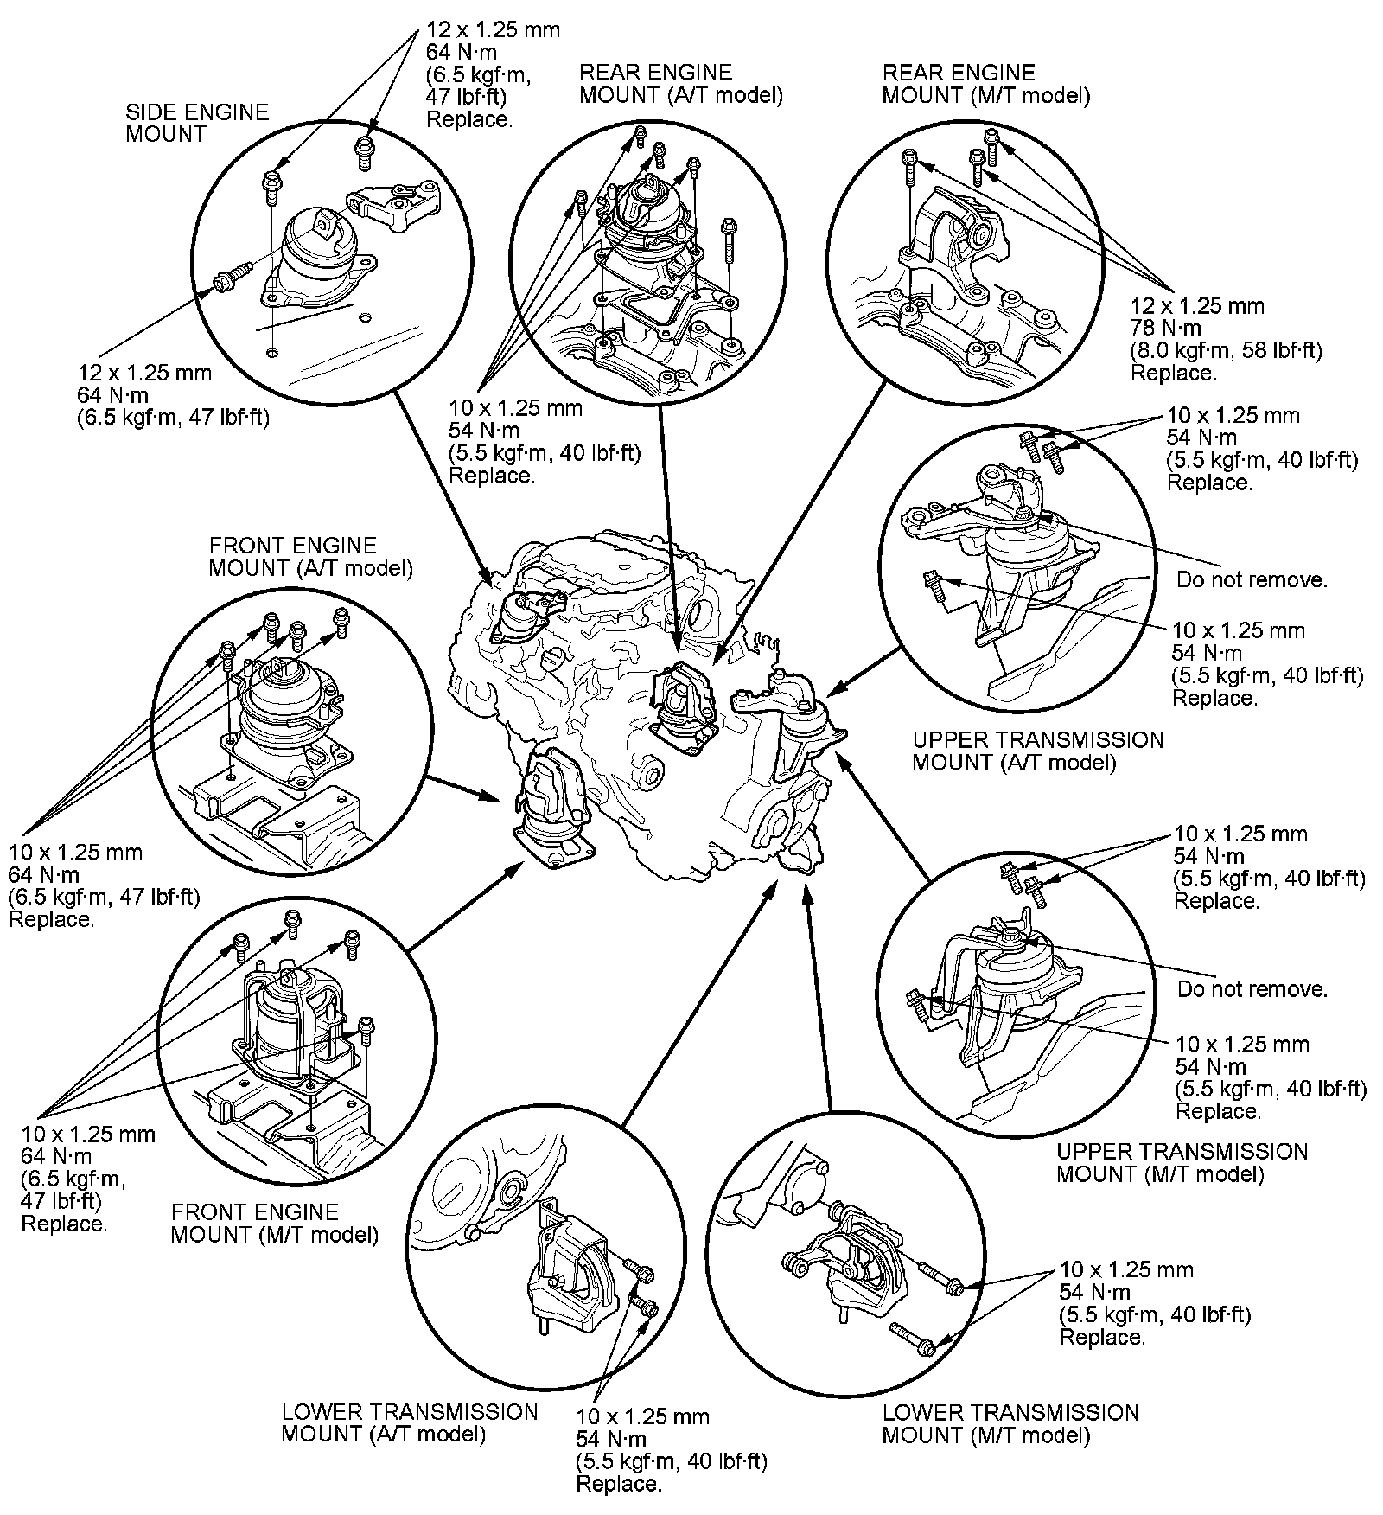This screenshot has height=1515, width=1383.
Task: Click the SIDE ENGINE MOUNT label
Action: point(197,123)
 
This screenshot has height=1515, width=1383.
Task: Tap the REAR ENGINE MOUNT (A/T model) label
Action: point(681,84)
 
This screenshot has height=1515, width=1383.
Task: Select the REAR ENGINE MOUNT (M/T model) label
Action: point(985,84)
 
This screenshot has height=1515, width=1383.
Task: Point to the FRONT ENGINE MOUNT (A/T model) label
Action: point(310,557)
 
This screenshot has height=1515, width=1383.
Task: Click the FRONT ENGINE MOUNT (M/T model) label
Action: point(274,1223)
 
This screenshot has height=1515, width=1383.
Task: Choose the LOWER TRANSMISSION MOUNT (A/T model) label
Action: point(409,1422)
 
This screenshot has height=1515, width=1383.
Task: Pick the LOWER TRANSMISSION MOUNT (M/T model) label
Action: point(1010,1423)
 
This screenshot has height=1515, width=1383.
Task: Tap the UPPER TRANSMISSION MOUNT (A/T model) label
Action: point(1038,751)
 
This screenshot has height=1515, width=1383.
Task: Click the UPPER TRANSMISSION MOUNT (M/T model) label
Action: point(1182,1162)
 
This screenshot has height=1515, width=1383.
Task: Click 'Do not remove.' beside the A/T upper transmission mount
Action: point(1251,579)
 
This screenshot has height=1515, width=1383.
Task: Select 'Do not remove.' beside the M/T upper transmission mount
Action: point(1252,988)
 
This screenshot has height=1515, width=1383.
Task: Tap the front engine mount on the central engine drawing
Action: point(553,809)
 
